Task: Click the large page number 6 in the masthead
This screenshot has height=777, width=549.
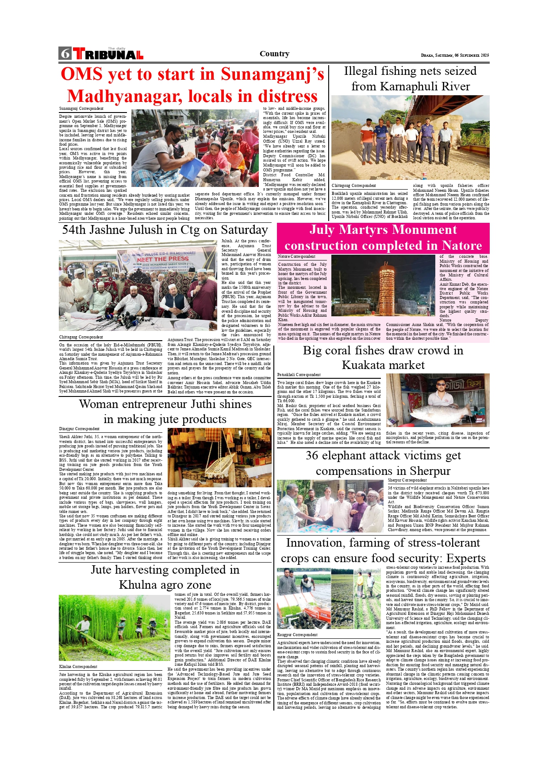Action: (x=65, y=54)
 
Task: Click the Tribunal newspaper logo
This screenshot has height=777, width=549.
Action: (x=108, y=54)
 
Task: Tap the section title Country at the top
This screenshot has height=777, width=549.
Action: (x=274, y=54)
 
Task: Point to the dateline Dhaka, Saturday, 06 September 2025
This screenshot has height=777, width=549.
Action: (x=455, y=55)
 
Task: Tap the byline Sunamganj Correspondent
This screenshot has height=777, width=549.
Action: (x=81, y=109)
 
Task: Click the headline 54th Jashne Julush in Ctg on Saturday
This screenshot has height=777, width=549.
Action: (x=165, y=230)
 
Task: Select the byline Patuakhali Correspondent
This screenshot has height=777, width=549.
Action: (x=299, y=375)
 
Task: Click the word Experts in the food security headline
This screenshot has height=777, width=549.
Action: (x=466, y=558)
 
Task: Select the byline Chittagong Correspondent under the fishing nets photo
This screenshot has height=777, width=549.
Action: (x=354, y=186)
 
